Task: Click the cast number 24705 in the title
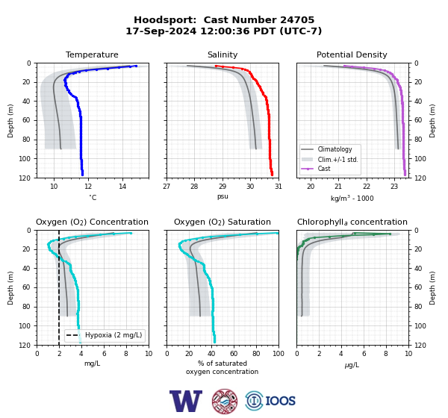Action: tap(297, 20)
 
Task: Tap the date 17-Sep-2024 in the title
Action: tap(161, 31)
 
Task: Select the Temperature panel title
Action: tap(92, 54)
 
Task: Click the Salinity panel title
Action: tap(223, 54)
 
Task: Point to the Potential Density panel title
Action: tap(352, 54)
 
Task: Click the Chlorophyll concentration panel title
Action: tap(352, 222)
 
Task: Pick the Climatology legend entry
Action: tap(335, 149)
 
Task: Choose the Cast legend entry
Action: tap(324, 169)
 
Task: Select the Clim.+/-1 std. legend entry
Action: tap(337, 160)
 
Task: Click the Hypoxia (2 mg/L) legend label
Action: tap(113, 335)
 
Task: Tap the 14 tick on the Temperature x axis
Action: tap(122, 187)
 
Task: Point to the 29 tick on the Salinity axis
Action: tap(223, 187)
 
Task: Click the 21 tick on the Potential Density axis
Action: tap(338, 187)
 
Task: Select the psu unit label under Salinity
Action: tap(223, 196)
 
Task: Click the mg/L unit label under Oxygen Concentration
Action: tap(92, 364)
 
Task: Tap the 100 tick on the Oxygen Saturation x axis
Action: tap(279, 354)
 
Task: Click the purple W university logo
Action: tap(186, 401)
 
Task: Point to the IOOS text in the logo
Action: tap(280, 401)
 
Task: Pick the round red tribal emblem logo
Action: tap(225, 401)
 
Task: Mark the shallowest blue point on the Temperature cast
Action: tap(136, 66)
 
